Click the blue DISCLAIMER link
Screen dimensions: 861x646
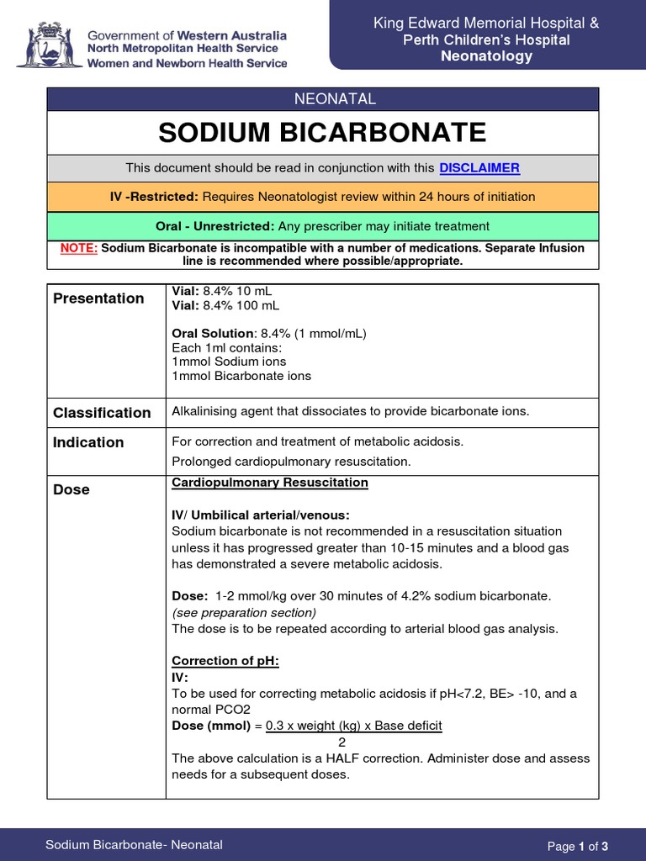479,167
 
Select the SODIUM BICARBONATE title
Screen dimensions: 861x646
322,132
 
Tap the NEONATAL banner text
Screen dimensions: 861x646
322,99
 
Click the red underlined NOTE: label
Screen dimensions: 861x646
79,248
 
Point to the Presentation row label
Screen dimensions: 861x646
98,298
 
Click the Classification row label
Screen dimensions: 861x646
102,412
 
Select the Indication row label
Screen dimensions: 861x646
88,442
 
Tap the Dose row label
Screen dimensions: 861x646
71,489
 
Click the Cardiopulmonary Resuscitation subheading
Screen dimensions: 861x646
269,483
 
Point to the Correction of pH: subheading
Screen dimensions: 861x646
225,661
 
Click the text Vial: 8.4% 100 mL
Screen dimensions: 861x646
225,305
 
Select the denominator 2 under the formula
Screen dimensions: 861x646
342,742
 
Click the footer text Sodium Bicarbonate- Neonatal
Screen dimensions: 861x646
134,845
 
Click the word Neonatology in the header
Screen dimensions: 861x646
487,56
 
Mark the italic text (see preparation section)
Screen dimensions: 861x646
244,612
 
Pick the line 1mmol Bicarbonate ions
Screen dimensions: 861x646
241,376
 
